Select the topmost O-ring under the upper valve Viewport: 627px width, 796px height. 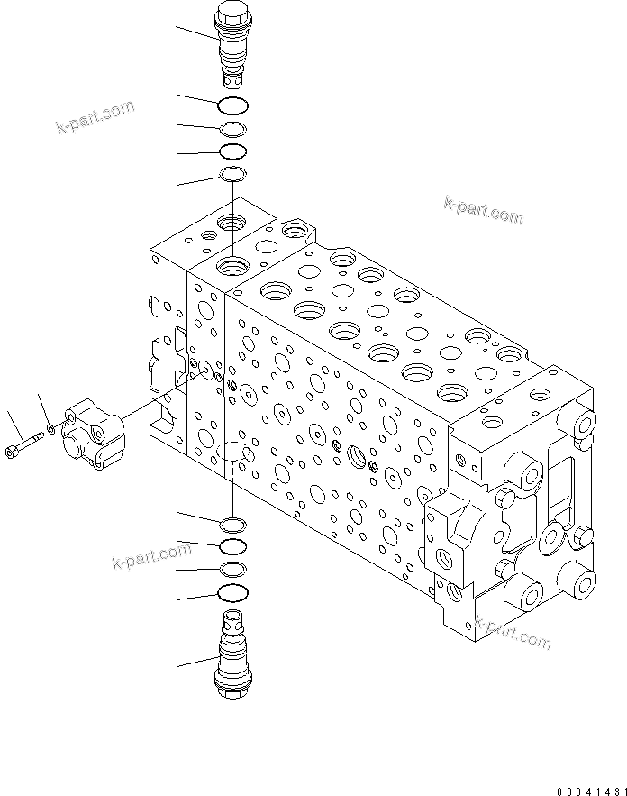pyautogui.click(x=232, y=104)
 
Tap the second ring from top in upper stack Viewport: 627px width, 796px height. pyautogui.click(x=232, y=129)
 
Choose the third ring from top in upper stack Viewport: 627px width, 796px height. pyautogui.click(x=232, y=151)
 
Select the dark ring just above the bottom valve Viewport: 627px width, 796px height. pyautogui.click(x=232, y=592)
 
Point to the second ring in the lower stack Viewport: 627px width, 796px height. pyautogui.click(x=232, y=546)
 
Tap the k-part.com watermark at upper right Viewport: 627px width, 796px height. pyautogui.click(x=483, y=210)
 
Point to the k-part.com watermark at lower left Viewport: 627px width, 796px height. pyautogui.click(x=152, y=556)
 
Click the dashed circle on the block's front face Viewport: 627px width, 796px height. pyautogui.click(x=232, y=453)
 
